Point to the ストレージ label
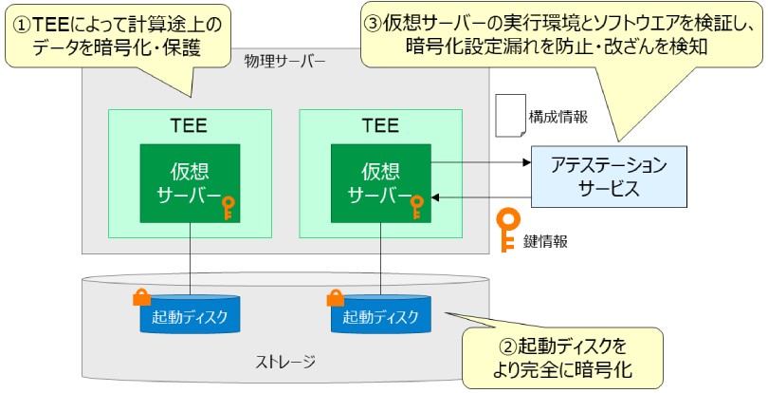(285, 362)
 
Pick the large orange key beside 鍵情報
(508, 228)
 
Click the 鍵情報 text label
(549, 241)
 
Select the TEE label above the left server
(190, 124)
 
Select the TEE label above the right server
(380, 124)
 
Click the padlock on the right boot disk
(335, 297)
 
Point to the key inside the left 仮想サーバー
(228, 207)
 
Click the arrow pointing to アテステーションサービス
(479, 163)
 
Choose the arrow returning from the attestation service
(479, 198)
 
